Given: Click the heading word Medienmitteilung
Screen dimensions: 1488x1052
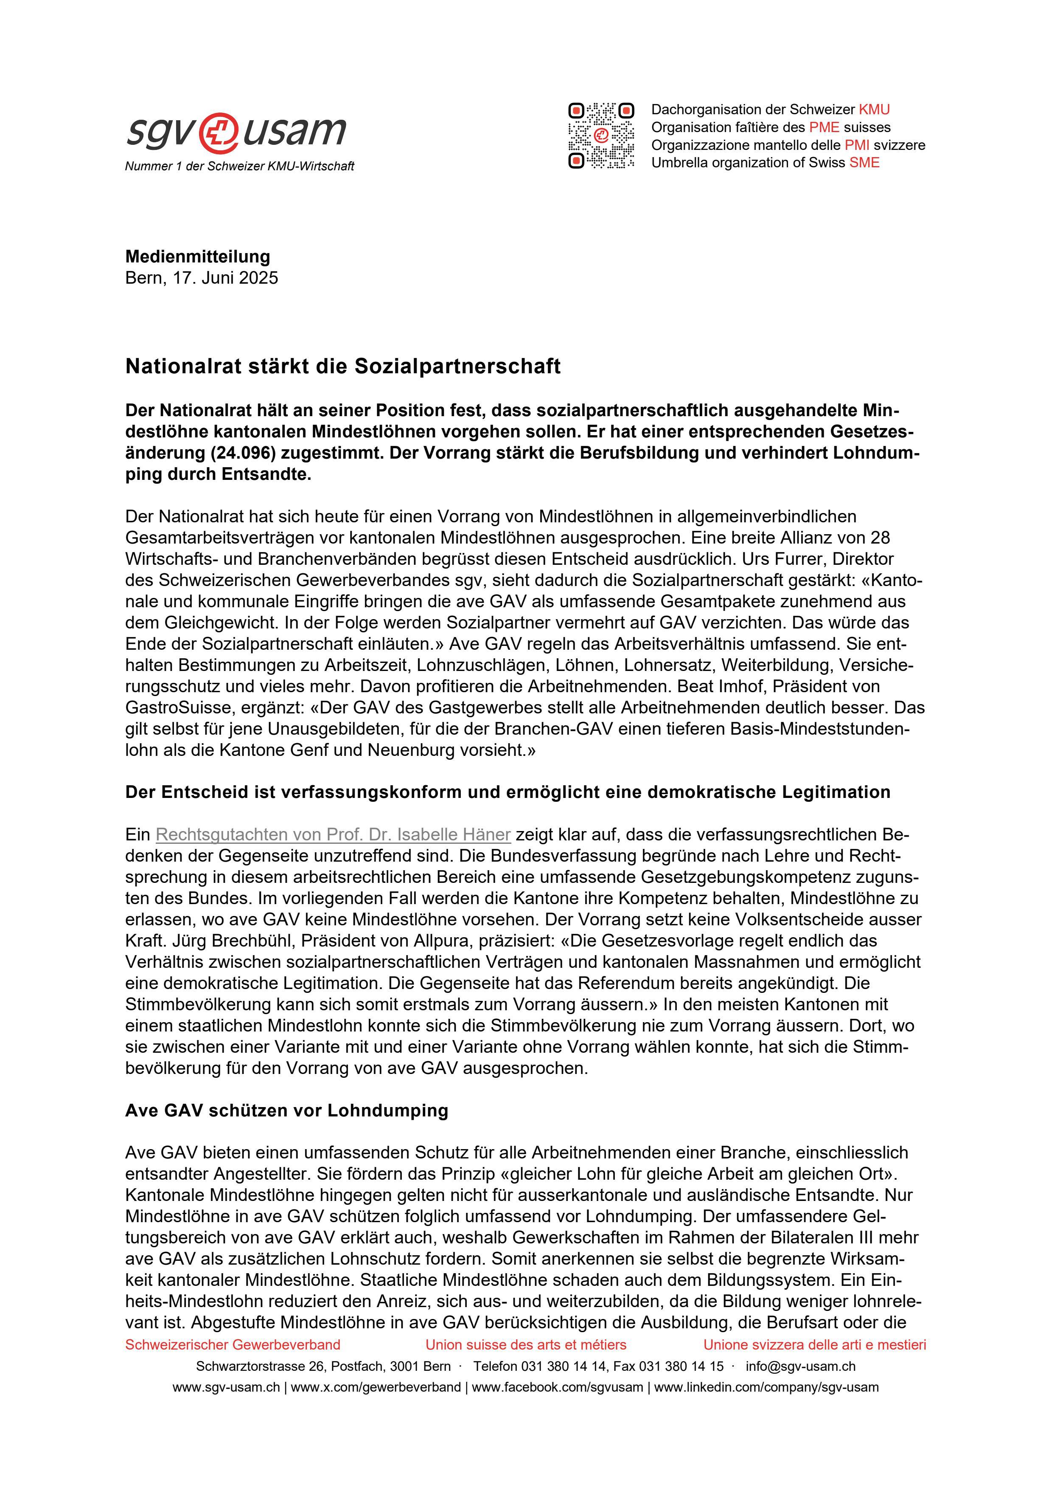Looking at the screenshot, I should [x=198, y=256].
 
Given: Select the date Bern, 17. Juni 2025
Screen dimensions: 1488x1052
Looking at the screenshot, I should [x=202, y=278].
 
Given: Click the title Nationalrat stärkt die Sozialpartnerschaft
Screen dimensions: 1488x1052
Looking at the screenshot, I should [x=343, y=367].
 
